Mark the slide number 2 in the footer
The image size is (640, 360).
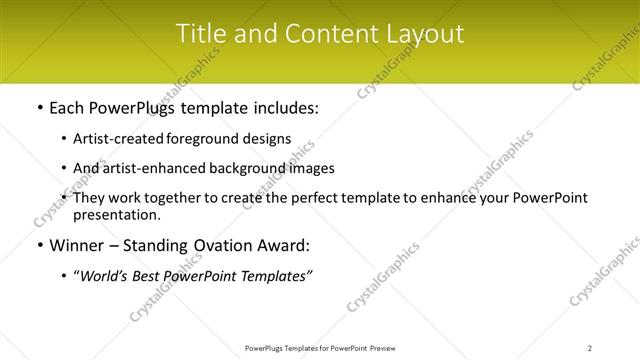tap(590, 347)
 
